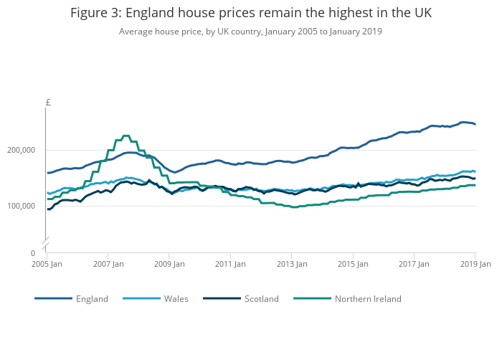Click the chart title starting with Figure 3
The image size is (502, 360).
tap(251, 14)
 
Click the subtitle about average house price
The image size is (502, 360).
tap(251, 32)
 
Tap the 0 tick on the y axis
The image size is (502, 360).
tap(32, 253)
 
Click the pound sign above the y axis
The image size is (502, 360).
tap(48, 103)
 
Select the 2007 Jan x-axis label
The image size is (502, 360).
tap(108, 265)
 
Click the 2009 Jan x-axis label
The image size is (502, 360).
tap(169, 265)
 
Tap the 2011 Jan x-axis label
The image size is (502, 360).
tap(230, 265)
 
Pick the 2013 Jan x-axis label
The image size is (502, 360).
tap(291, 265)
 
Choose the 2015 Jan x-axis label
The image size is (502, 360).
tap(353, 265)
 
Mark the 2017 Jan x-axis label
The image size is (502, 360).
tap(414, 265)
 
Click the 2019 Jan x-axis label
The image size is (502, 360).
tap(475, 265)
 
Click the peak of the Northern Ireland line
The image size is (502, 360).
tap(126, 136)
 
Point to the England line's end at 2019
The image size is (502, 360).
tap(475, 124)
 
